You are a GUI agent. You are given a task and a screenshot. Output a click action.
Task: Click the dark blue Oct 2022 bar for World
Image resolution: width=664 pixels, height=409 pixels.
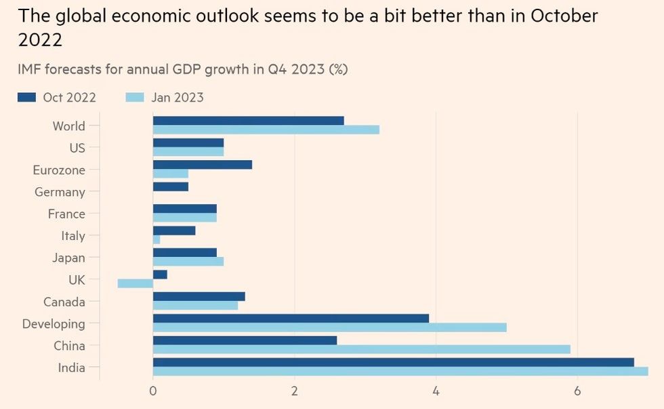(x=248, y=121)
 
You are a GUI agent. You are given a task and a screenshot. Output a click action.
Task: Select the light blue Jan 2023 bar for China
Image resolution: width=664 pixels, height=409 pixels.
(x=361, y=349)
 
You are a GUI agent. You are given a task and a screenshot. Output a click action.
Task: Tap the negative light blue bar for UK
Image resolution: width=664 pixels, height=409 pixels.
(x=136, y=284)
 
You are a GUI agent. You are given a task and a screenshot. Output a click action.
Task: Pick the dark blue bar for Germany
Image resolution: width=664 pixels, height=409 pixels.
(x=171, y=187)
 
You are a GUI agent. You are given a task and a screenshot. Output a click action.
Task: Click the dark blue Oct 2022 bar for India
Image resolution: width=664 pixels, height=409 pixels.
(x=393, y=362)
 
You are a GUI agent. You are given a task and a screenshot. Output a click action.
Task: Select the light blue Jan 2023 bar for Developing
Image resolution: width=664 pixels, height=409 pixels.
(x=329, y=328)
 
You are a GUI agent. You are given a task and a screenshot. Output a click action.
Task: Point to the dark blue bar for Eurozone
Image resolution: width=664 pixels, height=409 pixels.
(x=203, y=165)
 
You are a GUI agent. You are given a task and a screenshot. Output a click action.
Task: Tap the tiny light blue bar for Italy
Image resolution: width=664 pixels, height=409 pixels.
(x=157, y=239)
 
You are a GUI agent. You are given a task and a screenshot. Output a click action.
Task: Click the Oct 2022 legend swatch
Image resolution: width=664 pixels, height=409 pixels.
(x=26, y=98)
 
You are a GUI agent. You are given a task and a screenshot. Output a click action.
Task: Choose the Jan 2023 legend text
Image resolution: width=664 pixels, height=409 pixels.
(x=178, y=98)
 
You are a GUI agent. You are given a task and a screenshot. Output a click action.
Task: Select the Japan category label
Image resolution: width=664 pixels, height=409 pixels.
(x=68, y=258)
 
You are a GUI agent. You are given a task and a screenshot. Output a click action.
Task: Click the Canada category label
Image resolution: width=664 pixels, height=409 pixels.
(x=64, y=302)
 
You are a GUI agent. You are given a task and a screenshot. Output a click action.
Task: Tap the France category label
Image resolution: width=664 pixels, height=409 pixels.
(x=66, y=214)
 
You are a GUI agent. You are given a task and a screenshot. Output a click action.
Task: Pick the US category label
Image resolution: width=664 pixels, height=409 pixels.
(x=77, y=148)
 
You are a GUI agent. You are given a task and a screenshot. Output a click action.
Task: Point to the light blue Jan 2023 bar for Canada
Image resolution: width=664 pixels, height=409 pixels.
(x=195, y=305)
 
